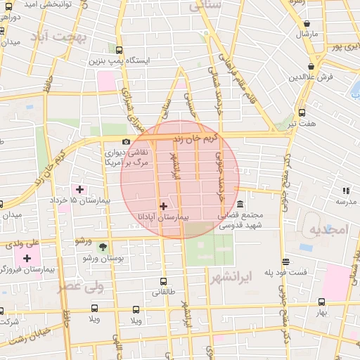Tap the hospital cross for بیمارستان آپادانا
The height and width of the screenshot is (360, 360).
pyautogui.click(x=163, y=206)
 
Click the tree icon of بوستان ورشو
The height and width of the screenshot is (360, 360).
pyautogui.click(x=103, y=247)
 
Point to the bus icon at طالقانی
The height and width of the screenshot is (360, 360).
pyautogui.click(x=163, y=281)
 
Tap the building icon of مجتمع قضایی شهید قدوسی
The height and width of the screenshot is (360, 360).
pyautogui.click(x=240, y=205)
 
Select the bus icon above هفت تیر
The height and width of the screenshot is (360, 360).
pyautogui.click(x=302, y=112)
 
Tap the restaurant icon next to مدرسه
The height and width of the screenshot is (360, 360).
pyautogui.click(x=345, y=190)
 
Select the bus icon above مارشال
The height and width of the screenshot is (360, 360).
pyautogui.click(x=306, y=22)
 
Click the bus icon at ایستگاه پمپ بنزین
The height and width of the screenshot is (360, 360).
pyautogui.click(x=119, y=50)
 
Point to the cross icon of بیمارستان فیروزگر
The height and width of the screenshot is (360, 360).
pyautogui.click(x=27, y=258)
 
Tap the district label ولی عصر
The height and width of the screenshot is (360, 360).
pyautogui.click(x=80, y=285)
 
